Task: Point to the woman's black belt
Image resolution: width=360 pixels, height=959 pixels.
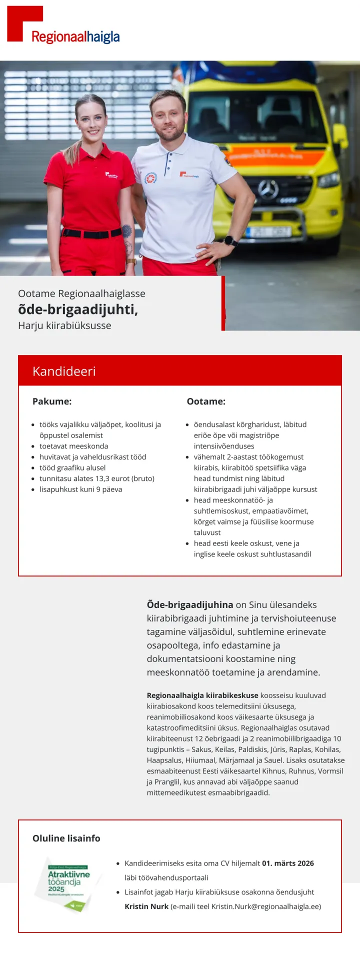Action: click(92, 233)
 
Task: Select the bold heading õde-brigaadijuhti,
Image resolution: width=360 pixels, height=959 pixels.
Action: click(78, 309)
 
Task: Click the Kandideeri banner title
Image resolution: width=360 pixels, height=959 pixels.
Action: click(64, 371)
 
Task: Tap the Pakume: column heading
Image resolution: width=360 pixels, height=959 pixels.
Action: click(52, 401)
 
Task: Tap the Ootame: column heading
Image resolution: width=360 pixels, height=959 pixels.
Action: click(206, 401)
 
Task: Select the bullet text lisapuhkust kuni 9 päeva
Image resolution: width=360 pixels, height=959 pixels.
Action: click(81, 489)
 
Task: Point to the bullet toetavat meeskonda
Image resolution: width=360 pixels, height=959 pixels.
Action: click(74, 446)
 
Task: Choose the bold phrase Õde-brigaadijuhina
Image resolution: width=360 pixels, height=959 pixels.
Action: click(190, 604)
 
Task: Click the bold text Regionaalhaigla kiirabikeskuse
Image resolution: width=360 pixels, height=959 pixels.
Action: click(202, 695)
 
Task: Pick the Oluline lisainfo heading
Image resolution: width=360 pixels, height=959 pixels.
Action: click(66, 838)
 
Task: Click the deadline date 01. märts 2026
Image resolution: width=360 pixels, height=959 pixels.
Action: click(288, 863)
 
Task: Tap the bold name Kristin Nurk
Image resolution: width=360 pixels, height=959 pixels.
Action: click(146, 906)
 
